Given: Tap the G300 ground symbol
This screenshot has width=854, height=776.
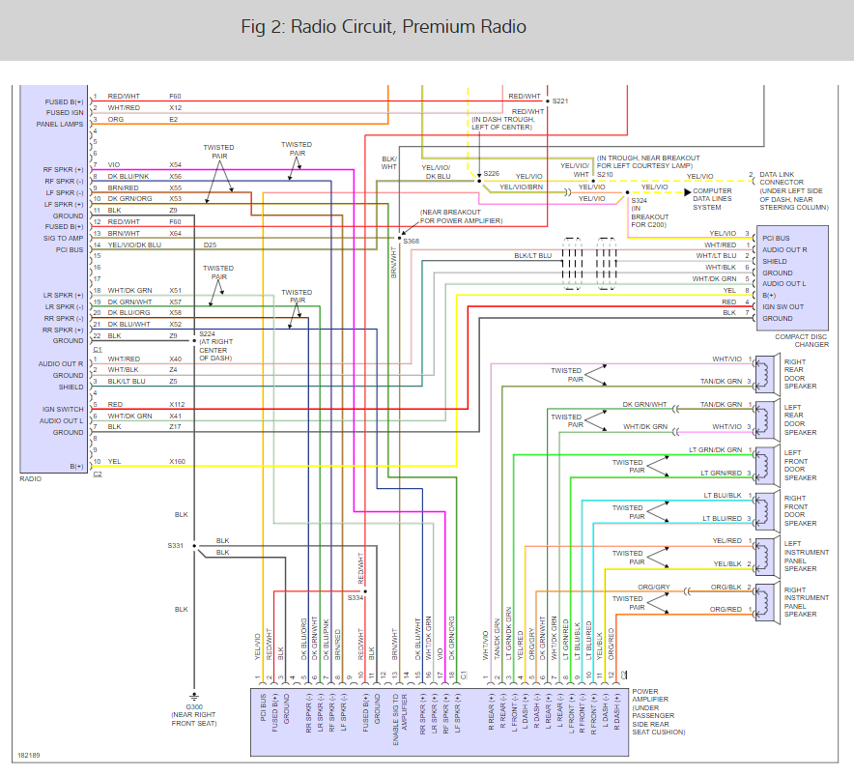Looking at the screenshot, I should [194, 696].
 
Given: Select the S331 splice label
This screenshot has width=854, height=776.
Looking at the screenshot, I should [174, 546].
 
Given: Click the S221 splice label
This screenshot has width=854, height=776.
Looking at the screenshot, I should [559, 101].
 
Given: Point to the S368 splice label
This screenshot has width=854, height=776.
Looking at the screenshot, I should [412, 240].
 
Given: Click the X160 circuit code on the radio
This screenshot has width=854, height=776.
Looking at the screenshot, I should [177, 462].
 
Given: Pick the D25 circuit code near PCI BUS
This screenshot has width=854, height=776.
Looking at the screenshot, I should [210, 245].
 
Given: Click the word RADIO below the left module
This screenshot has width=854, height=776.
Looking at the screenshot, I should [31, 478].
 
